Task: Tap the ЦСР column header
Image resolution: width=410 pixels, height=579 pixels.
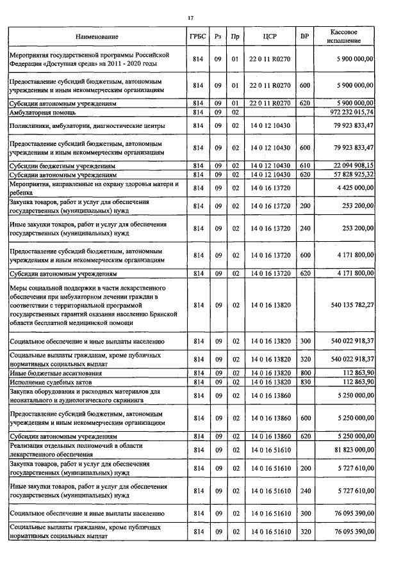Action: pyautogui.click(x=269, y=36)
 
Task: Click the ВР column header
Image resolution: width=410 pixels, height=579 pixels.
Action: pyautogui.click(x=304, y=36)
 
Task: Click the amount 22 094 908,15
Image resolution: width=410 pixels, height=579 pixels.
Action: pyautogui.click(x=349, y=165)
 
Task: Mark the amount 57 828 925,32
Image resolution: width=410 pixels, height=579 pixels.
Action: pyautogui.click(x=349, y=174)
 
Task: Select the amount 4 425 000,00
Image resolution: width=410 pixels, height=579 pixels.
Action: pyautogui.click(x=353, y=187)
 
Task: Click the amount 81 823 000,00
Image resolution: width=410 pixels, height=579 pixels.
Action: pyautogui.click(x=350, y=450)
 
